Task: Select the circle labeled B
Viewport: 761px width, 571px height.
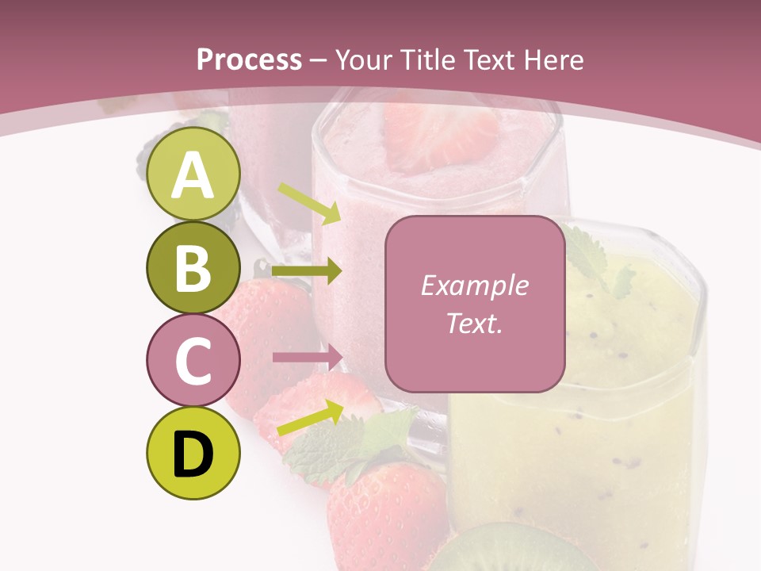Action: click(193, 268)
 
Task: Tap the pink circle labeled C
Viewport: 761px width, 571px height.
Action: click(193, 361)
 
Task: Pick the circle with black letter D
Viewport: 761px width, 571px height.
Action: click(193, 453)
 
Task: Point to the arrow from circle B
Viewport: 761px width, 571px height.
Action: click(307, 271)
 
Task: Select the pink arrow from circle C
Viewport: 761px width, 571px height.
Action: click(308, 357)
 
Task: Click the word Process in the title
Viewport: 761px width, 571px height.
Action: click(249, 59)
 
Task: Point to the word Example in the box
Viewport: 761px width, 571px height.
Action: click(474, 285)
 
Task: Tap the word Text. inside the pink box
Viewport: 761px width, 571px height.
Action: click(474, 323)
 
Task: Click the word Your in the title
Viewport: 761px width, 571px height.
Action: click(365, 59)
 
